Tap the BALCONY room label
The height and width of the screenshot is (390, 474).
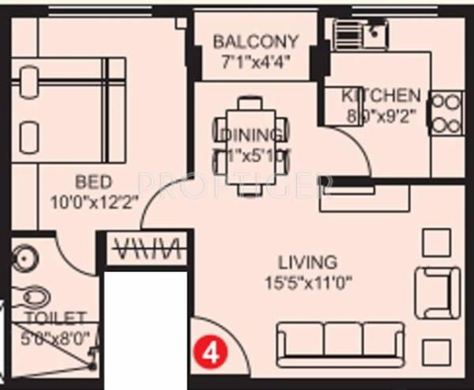click(255, 41)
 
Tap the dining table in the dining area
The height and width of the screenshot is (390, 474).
click(250, 144)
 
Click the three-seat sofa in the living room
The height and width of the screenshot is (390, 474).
click(340, 341)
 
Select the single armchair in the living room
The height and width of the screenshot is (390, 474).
click(437, 292)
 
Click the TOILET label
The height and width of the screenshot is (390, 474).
click(55, 318)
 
